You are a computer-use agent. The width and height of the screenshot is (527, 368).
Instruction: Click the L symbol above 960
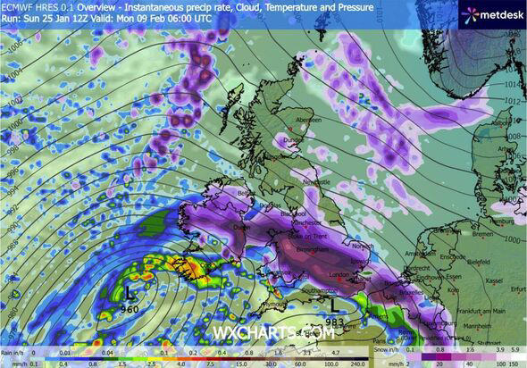pos(131,292)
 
